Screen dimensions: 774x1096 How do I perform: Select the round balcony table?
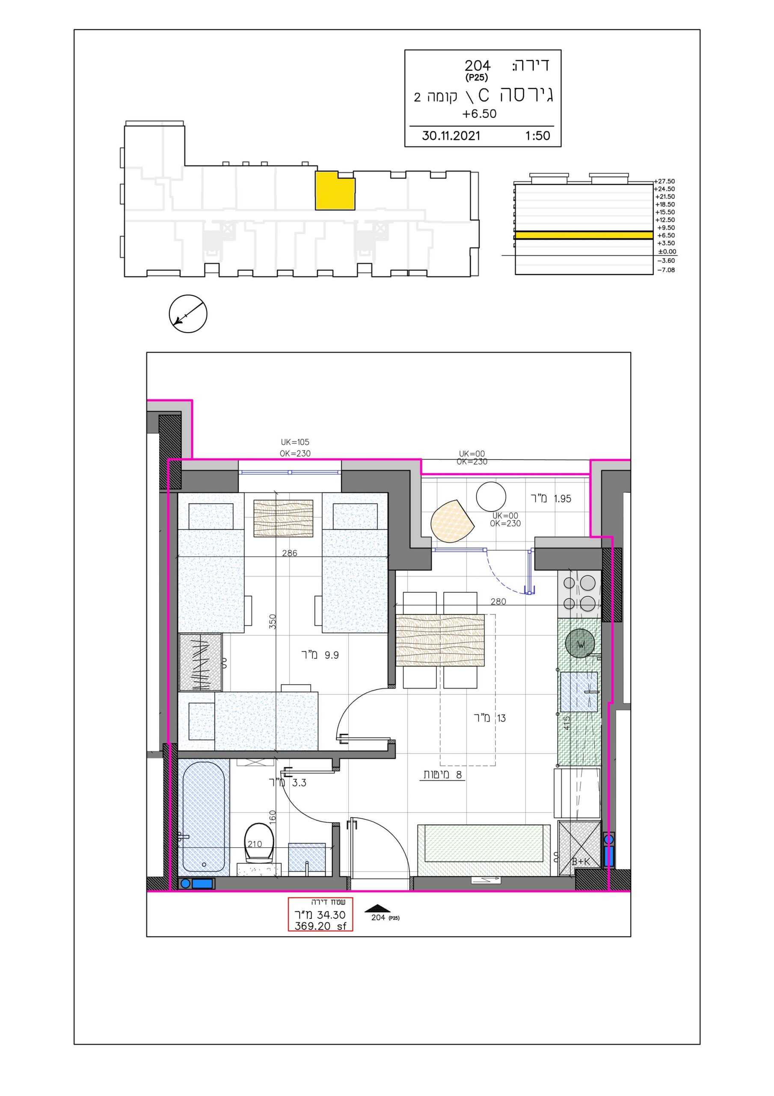point(491,497)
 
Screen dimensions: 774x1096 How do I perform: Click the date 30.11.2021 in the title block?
point(451,136)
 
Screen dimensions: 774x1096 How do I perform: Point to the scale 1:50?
point(537,136)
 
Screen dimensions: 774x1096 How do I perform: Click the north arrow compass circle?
point(188,314)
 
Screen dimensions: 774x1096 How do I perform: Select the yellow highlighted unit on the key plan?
point(335,191)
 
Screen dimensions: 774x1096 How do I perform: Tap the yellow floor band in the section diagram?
point(584,235)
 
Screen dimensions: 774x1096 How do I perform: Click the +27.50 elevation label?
point(665,182)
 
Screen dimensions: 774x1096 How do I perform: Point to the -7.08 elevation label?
point(666,270)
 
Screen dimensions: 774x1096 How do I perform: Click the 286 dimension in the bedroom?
point(290,553)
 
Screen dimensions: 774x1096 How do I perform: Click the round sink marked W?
point(580,644)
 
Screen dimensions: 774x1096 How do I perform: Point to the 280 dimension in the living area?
point(498,602)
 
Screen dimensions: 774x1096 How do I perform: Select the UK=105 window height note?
point(295,442)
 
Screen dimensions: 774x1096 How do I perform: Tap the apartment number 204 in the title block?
point(477,66)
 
